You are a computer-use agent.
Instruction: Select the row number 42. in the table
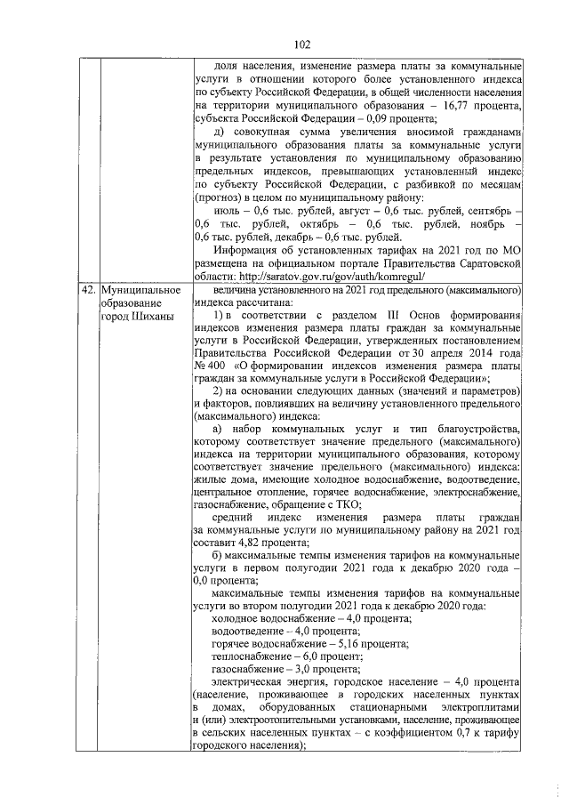(x=87, y=289)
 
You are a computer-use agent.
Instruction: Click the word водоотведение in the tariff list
(x=251, y=629)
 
